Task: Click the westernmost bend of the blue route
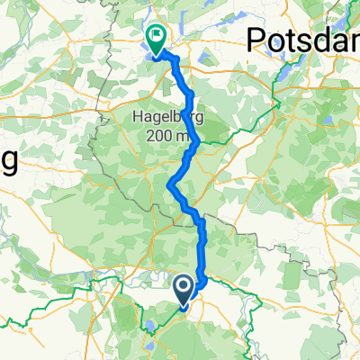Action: click(170, 186)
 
